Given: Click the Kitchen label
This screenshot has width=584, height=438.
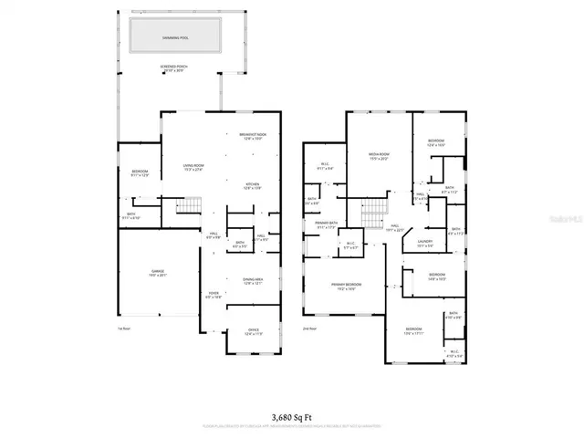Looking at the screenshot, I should coord(254,186).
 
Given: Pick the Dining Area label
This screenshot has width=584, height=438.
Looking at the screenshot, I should coord(253,282).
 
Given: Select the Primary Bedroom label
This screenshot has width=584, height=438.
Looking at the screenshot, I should coord(346,286).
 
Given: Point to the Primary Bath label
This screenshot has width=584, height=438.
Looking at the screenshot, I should coord(327,224).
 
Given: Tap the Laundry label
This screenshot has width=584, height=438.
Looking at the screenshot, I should coord(425,244).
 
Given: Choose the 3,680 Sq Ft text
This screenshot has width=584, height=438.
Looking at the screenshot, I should coord(292,415).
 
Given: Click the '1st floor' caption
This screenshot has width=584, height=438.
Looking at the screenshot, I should coord(125,328).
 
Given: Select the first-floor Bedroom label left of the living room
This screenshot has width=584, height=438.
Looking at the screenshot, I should coord(140,172).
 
